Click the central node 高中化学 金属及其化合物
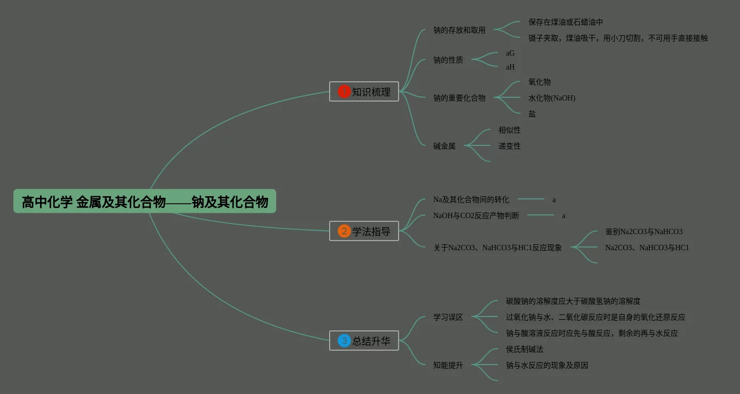145,202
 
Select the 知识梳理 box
364,91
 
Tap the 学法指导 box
364,231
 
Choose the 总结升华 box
364,341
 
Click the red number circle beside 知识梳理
344,91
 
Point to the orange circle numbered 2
344,231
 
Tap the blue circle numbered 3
344,341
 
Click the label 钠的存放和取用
459,30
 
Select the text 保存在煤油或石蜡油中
565,22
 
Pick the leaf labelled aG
510,53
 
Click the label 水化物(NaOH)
551,98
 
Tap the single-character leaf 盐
532,114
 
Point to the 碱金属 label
444,146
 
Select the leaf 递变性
509,146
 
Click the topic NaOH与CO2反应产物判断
476,215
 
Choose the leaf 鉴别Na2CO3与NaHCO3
643,231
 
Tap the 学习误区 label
448,317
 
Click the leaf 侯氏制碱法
524,349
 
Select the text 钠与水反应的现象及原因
547,365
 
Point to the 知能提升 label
448,365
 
